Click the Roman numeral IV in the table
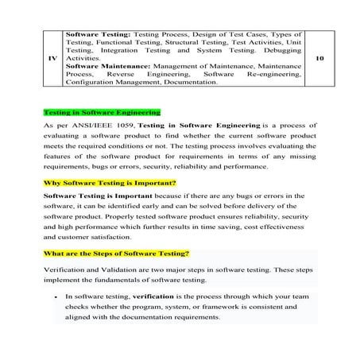coord(52,58)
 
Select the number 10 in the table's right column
coord(319,58)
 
